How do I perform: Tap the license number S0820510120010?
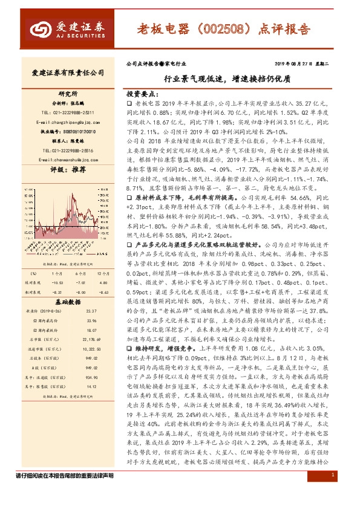click(76, 130)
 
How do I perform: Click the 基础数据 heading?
click(67, 285)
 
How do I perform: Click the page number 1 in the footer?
click(333, 493)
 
